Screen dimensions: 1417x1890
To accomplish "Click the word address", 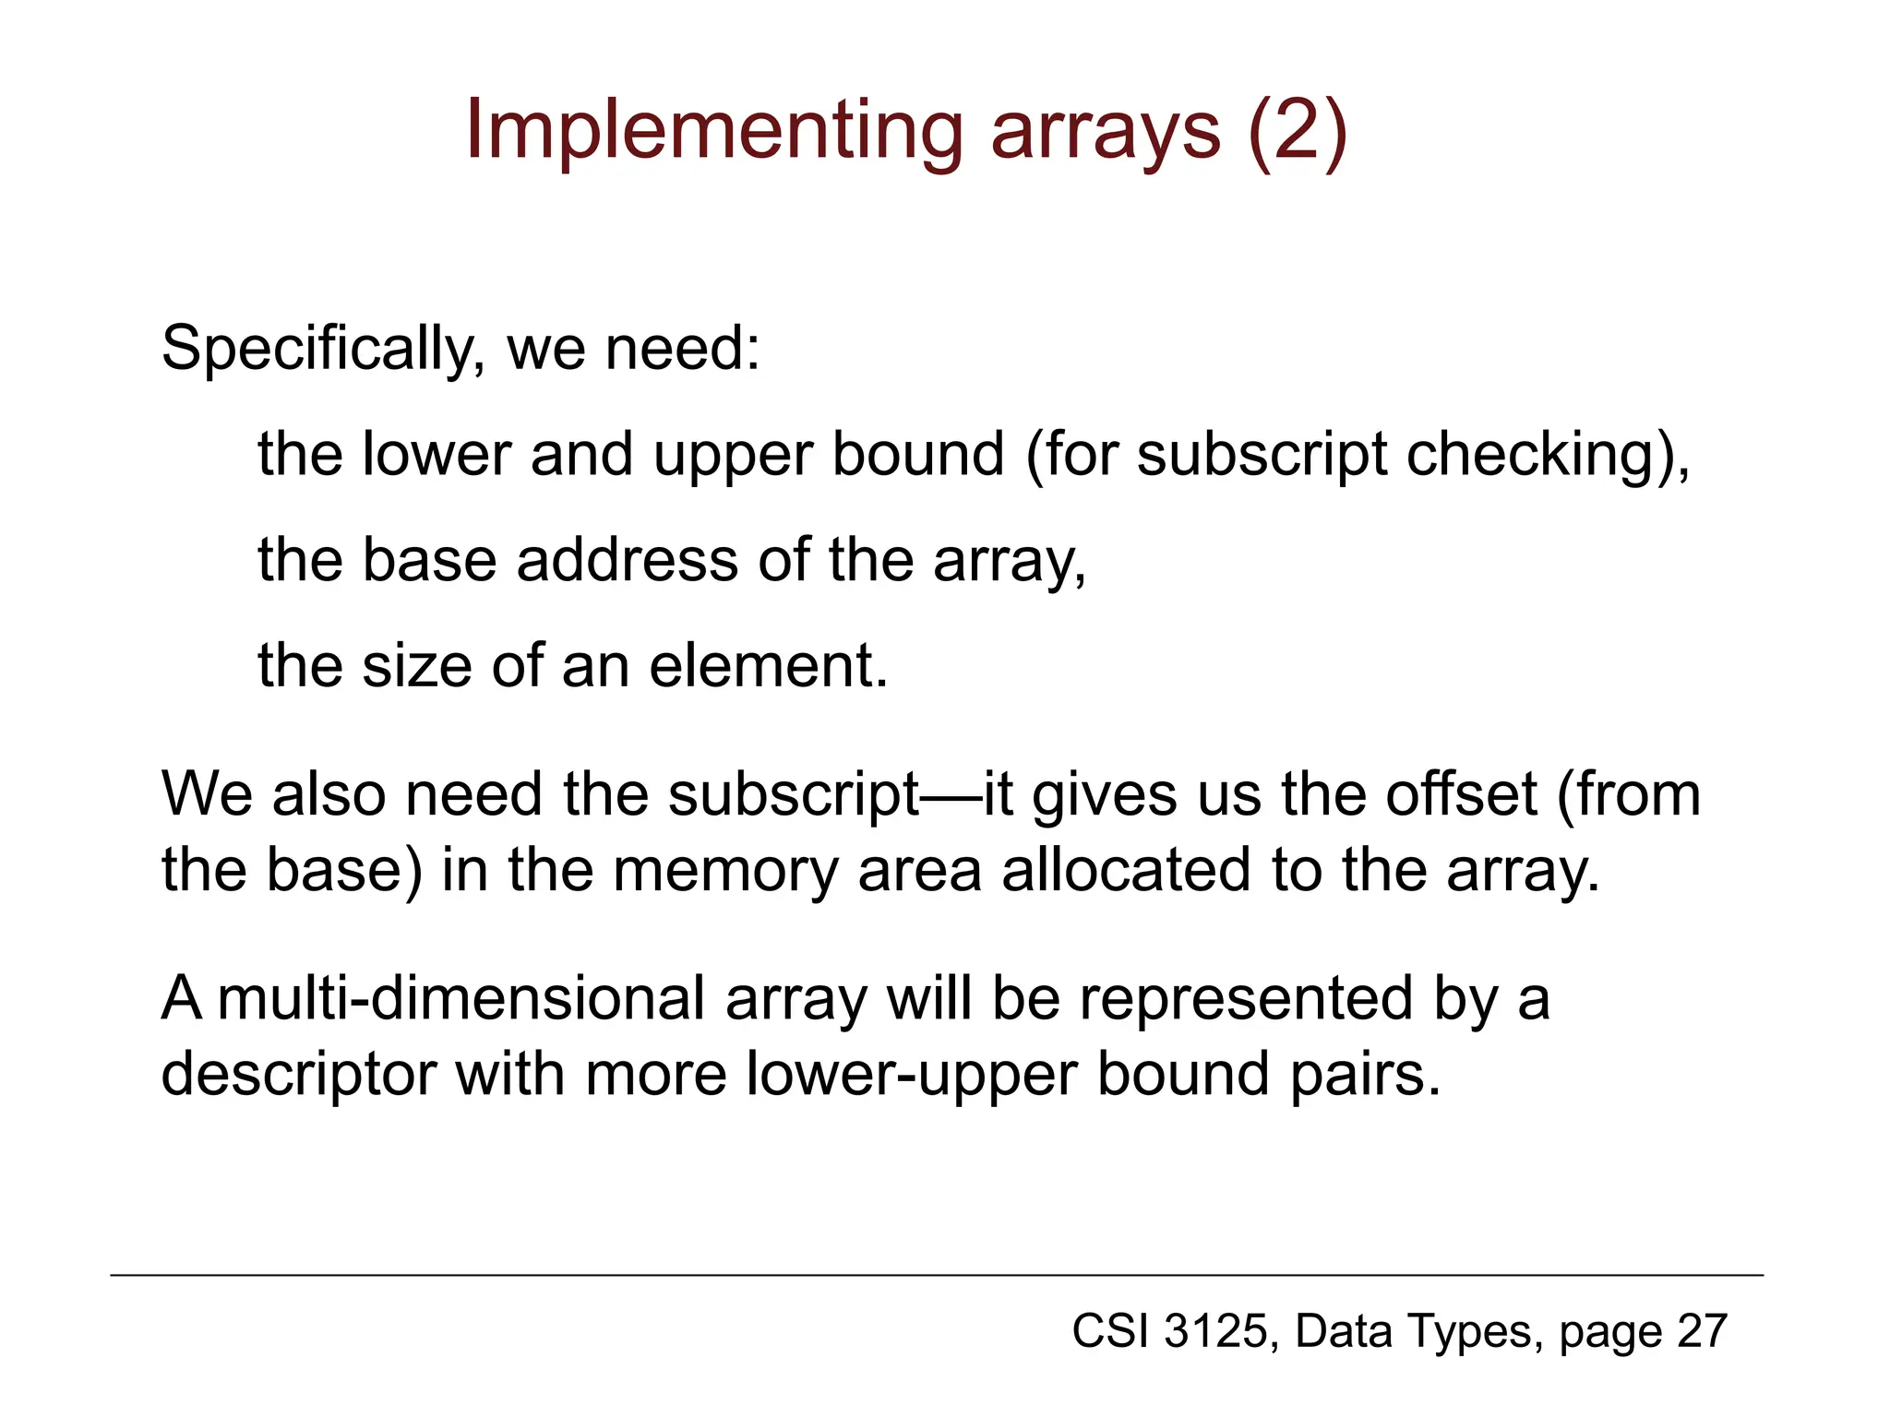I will pyautogui.click(x=628, y=560).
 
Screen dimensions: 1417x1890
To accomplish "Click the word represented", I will pyautogui.click(x=1246, y=999).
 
